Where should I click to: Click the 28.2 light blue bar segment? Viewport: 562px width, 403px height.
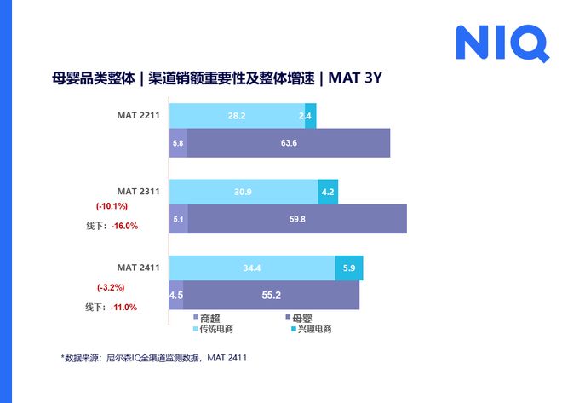click(236, 115)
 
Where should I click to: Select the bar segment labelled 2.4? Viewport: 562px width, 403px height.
click(310, 115)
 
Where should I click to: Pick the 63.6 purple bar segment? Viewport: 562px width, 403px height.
click(289, 143)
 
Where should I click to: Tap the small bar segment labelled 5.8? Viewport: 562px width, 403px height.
click(178, 143)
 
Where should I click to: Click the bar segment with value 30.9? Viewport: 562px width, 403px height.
click(243, 192)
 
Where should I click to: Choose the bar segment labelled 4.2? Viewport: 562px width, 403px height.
click(328, 192)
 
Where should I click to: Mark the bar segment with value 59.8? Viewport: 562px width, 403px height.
click(297, 219)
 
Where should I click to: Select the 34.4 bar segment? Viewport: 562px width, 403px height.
click(251, 268)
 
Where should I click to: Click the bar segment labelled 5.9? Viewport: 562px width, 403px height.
click(349, 268)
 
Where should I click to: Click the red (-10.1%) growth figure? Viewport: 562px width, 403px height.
click(112, 206)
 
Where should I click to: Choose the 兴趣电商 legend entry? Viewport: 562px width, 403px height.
click(313, 329)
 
